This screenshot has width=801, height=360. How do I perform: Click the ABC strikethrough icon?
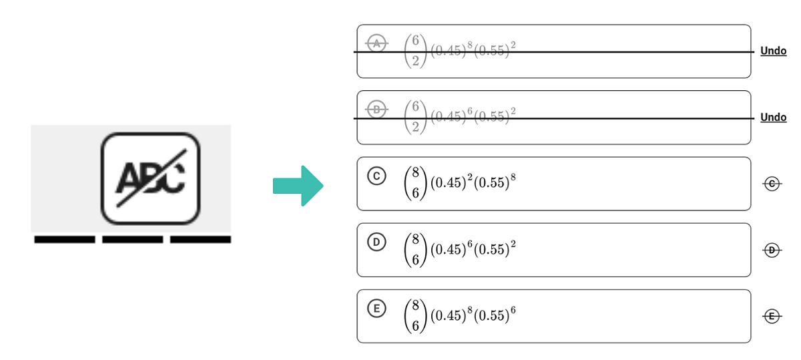point(150,178)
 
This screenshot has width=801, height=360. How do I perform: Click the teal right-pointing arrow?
point(298,185)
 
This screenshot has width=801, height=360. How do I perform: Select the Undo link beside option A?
point(773,51)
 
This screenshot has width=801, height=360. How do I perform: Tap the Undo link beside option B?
point(773,118)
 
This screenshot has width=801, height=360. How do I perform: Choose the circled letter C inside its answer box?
point(376,176)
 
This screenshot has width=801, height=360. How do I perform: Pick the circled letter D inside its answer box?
point(376,243)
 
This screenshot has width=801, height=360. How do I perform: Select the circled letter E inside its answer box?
point(376,309)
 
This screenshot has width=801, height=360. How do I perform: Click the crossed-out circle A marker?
point(377,43)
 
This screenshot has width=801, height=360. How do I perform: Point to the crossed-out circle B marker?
point(377,109)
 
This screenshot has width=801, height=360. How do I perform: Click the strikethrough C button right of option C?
point(772,184)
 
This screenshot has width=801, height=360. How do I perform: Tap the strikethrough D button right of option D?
point(772,250)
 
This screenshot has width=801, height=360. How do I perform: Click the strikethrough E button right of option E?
point(772,317)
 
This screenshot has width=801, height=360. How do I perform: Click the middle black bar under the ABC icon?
point(132,239)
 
